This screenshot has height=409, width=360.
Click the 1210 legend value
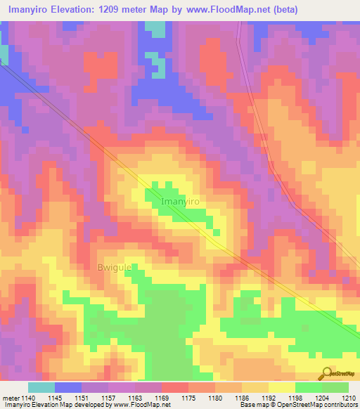tap(349, 398)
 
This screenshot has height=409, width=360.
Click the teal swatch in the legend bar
tap(41, 387)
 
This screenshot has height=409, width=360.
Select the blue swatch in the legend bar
tap(68, 387)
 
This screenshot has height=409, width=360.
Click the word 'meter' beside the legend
tap(11, 398)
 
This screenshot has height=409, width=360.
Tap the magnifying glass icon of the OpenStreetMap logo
tap(327, 372)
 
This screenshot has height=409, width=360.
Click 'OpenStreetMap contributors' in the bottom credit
tap(325, 405)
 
